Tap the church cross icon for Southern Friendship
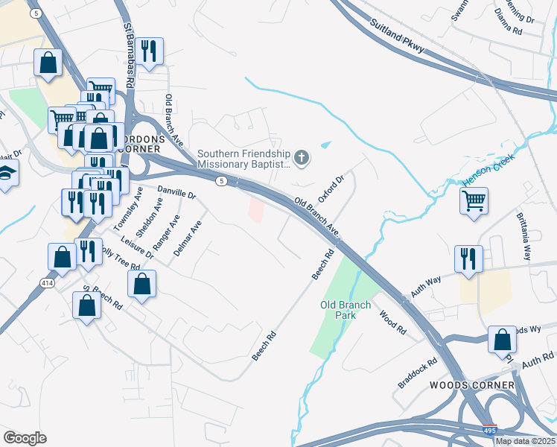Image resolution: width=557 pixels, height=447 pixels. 301,157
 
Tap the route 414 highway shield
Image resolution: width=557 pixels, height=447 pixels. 46,283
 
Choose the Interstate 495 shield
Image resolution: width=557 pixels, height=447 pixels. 489,431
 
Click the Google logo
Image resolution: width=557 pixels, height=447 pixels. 25,438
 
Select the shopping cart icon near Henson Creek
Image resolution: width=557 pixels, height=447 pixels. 474,200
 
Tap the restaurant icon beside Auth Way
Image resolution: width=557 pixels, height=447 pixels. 468,259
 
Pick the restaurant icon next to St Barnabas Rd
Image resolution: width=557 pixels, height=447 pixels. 149,51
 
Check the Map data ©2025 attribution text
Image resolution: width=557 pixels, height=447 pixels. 524,441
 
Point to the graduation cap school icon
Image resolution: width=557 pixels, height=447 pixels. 7,174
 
